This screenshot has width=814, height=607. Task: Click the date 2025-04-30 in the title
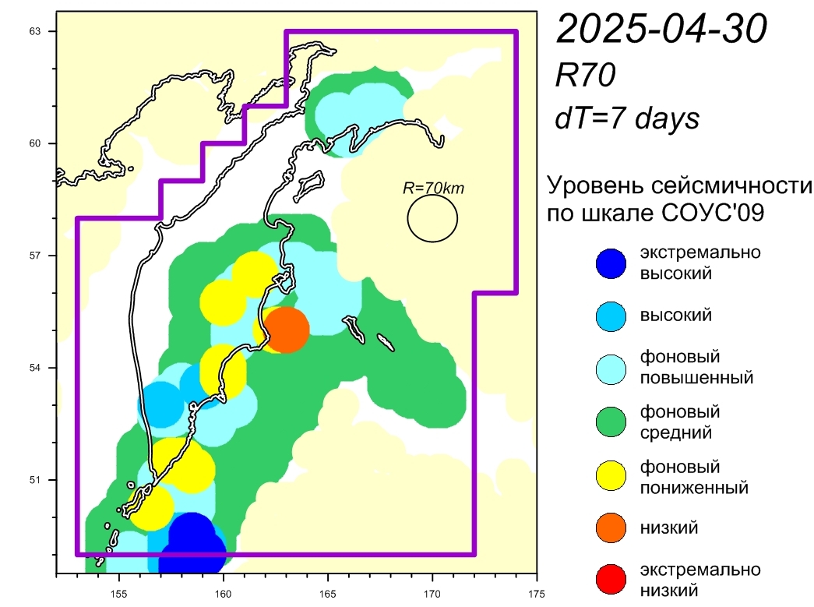coord(661,28)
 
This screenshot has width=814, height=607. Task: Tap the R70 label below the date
coord(585,75)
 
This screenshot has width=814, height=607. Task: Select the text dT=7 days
coord(627,118)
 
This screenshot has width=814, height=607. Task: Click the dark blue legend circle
coord(611,264)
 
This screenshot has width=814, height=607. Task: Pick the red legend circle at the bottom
coord(611,579)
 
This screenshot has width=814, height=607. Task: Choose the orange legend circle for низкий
coord(611,528)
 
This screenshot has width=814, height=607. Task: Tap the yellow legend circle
coord(611,475)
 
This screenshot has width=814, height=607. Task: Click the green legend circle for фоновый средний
coord(611,422)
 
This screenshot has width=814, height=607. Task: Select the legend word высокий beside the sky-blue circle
coord(675,315)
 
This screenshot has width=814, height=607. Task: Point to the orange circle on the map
coord(287,330)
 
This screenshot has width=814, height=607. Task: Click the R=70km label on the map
coord(433,188)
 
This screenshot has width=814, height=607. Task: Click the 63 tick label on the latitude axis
coord(35,32)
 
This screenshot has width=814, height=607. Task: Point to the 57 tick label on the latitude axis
coord(35,256)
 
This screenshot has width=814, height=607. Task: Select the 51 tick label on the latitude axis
coord(35,480)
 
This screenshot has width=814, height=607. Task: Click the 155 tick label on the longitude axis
coord(119,594)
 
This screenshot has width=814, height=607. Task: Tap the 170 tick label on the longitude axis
coord(432,594)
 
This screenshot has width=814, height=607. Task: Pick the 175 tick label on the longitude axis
coord(537,594)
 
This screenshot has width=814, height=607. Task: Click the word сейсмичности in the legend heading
coord(731,185)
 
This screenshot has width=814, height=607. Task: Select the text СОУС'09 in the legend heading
coord(713,213)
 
